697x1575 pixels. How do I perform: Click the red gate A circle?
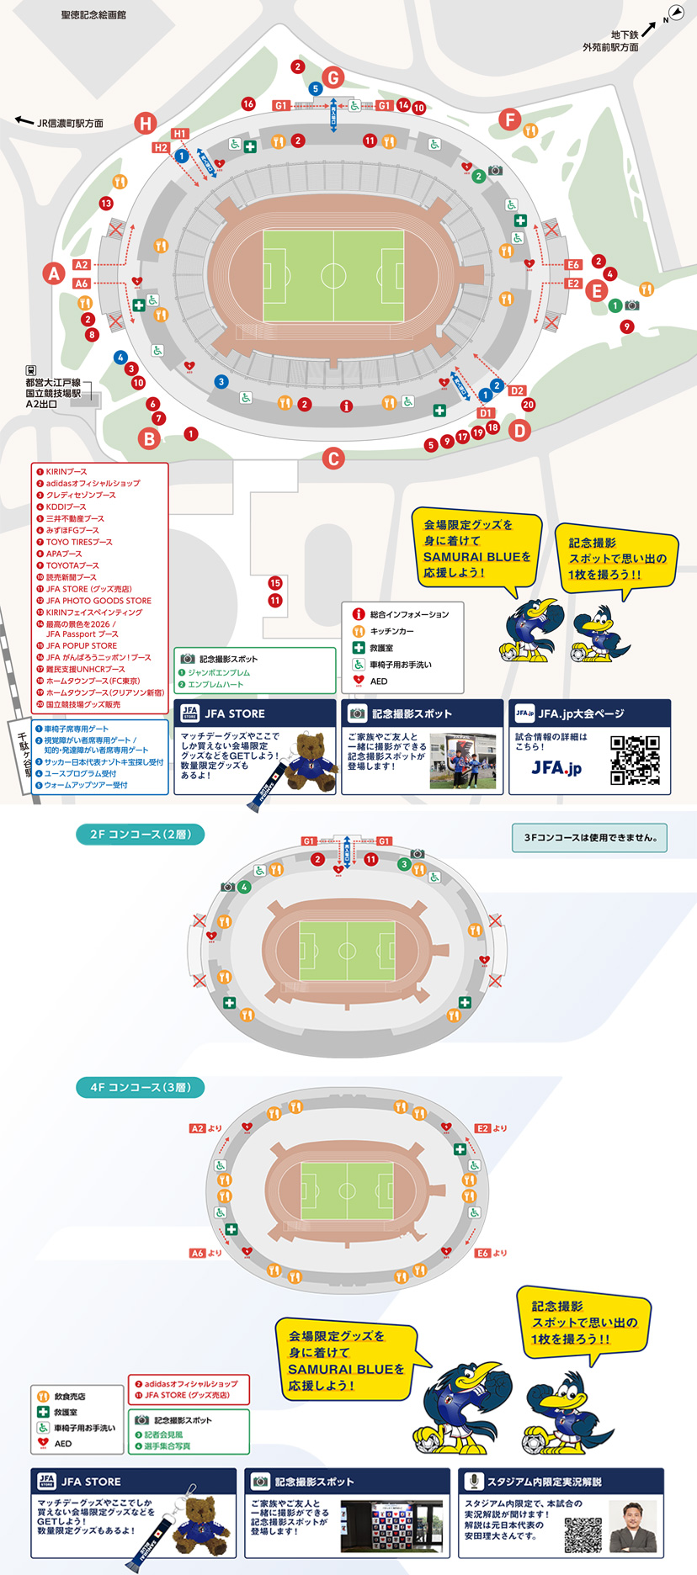pos(54,273)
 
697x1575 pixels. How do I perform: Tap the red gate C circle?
pos(333,459)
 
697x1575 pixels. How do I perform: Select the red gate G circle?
pos(333,78)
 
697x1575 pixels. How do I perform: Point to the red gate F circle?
pos(509,119)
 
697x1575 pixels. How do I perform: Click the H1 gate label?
pos(180,134)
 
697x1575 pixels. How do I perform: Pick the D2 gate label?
pos(517,390)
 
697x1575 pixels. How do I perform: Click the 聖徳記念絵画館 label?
pos(93,14)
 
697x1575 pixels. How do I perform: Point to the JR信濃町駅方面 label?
pos(70,123)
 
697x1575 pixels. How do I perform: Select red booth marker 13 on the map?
pos(106,203)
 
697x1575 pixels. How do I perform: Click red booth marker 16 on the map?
pos(248,104)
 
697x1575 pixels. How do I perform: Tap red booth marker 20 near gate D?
pos(528,405)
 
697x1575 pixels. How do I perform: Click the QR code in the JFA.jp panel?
pos(635,760)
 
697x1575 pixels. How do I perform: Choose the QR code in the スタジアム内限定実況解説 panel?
pos(583,1535)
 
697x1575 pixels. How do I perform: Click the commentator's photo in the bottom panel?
pos(633,1526)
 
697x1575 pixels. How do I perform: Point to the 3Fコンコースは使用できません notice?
pos(589,838)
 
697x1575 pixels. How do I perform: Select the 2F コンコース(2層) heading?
pos(141,835)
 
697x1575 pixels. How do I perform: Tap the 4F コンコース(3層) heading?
pos(141,1087)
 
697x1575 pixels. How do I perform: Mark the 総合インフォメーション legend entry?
pos(408,615)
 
